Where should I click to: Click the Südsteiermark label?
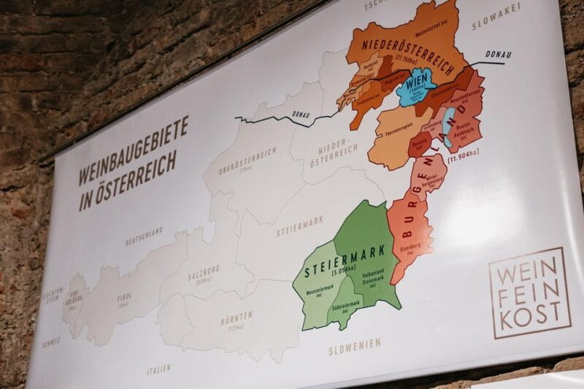pos(343,312)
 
